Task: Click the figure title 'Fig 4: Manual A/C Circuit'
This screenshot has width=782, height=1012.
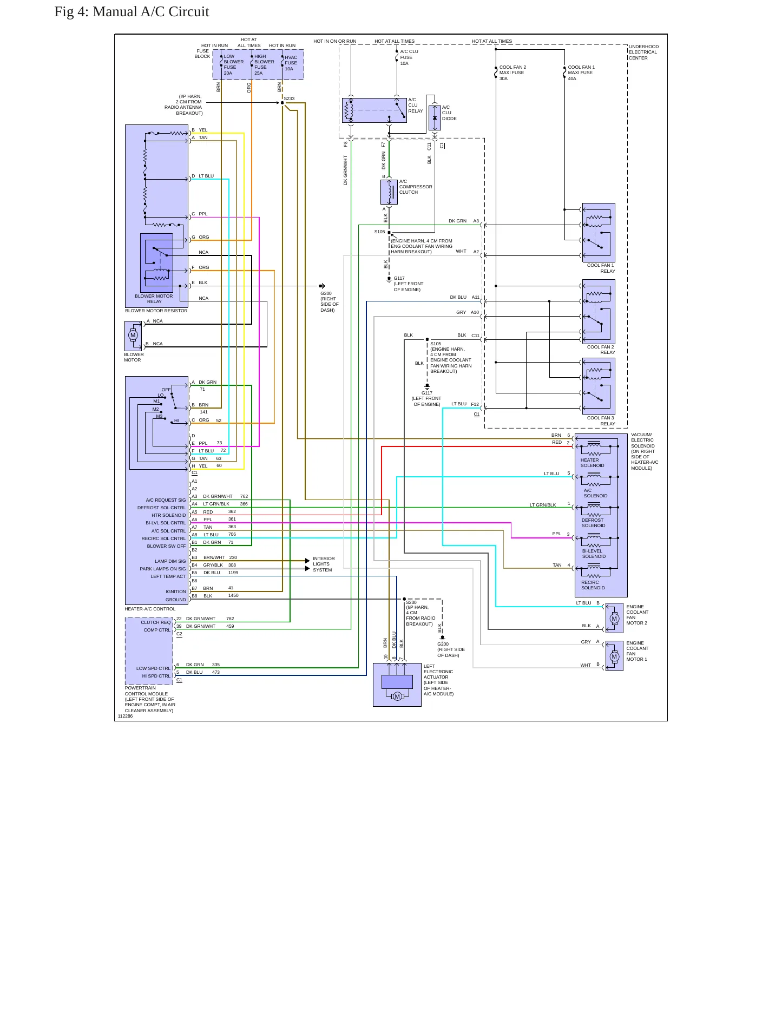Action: (x=132, y=12)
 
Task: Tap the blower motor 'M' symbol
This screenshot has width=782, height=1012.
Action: (x=133, y=335)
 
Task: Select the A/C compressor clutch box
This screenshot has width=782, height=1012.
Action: (x=389, y=192)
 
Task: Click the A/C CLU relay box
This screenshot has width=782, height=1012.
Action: (x=374, y=110)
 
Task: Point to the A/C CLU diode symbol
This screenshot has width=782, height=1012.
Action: (x=435, y=118)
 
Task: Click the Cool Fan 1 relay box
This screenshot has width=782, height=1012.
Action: (x=599, y=233)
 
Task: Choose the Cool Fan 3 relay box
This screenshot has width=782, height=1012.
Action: (x=599, y=386)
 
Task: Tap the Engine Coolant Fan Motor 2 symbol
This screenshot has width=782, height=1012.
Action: (x=614, y=618)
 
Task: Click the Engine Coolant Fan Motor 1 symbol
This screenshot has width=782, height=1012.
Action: (x=614, y=656)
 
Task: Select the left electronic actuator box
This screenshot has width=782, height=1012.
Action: (x=397, y=685)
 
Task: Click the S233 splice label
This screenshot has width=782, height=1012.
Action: (x=290, y=98)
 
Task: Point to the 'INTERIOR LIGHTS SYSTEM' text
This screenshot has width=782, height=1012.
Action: (x=324, y=564)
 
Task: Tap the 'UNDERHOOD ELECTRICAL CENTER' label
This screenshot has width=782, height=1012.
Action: (x=643, y=52)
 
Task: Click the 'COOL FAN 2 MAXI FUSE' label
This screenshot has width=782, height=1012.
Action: (x=512, y=70)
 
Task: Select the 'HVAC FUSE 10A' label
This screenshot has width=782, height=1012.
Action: (x=291, y=63)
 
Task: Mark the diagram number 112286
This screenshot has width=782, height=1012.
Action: (x=125, y=716)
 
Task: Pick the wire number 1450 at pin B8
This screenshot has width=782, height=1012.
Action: (x=233, y=595)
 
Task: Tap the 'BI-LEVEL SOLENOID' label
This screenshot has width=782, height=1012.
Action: (x=594, y=554)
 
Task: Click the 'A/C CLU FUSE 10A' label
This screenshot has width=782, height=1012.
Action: (x=409, y=57)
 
